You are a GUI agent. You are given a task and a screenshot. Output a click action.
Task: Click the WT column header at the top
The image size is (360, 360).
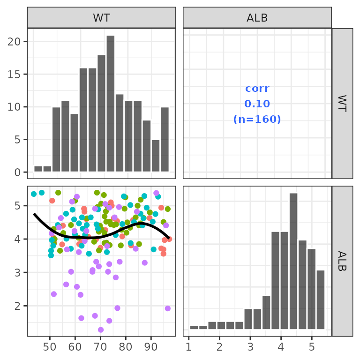(101, 18)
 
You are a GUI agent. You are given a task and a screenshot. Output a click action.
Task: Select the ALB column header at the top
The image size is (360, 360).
(257, 18)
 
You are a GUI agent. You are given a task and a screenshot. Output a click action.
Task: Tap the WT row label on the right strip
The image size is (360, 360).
(342, 104)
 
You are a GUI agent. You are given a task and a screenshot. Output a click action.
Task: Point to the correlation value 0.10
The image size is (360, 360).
(257, 104)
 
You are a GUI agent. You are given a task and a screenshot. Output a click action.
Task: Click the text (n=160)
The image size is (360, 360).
(257, 120)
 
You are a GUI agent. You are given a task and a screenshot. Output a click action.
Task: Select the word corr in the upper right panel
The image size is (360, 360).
(257, 89)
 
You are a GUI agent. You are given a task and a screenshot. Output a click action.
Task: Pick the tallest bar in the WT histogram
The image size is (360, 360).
(111, 103)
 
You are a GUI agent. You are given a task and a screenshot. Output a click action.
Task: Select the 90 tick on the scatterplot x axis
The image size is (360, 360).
(150, 348)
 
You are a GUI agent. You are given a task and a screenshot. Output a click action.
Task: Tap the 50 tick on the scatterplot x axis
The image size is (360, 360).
(50, 348)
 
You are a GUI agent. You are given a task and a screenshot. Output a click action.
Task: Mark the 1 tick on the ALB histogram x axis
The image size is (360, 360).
(188, 348)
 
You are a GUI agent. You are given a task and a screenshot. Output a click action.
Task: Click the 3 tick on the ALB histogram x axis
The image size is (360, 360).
(250, 348)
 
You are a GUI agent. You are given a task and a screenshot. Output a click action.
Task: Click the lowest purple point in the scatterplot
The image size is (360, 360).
(101, 330)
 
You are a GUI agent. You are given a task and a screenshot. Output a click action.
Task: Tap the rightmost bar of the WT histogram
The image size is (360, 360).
(165, 139)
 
